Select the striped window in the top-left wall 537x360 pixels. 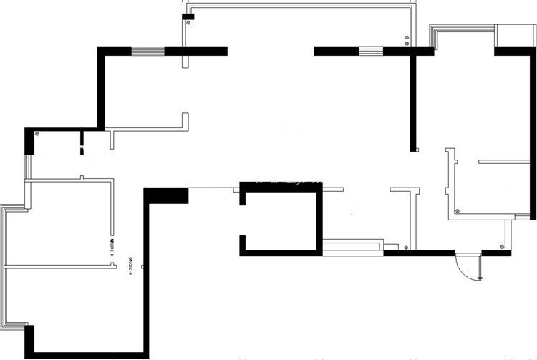[148, 51]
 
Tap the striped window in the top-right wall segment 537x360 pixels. [370, 51]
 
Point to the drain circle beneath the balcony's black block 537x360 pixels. [188, 23]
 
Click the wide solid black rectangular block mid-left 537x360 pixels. [167, 195]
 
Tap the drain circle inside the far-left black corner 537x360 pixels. [37, 134]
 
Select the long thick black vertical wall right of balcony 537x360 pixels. [413, 100]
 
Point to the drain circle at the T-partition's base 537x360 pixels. [407, 248]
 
